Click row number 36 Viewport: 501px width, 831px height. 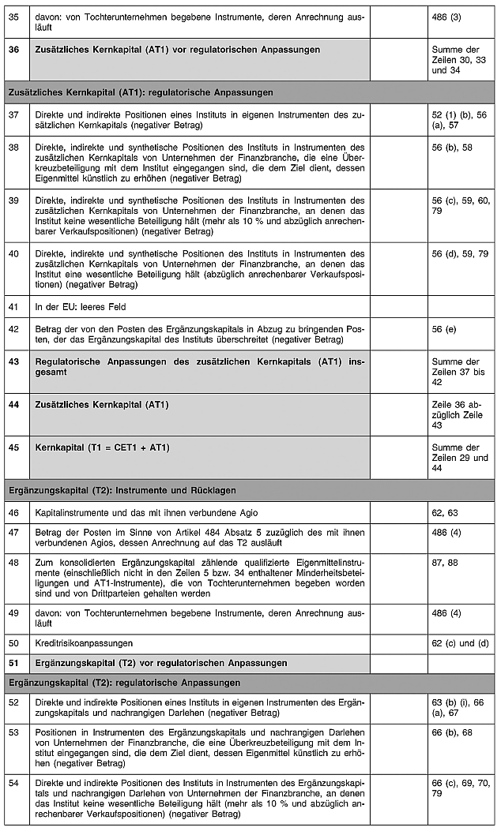(13, 49)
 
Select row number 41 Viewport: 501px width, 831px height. (13, 306)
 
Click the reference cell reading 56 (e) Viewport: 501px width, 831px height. (443, 328)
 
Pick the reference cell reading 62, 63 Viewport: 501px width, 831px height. (445, 513)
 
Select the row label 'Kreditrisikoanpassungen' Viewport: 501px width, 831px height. (84, 643)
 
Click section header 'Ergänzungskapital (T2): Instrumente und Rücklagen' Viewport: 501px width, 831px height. (122, 490)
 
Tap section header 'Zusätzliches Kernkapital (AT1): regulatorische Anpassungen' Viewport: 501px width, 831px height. (141, 92)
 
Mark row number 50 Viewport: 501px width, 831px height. (13, 643)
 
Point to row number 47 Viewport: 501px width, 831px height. (13, 532)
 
